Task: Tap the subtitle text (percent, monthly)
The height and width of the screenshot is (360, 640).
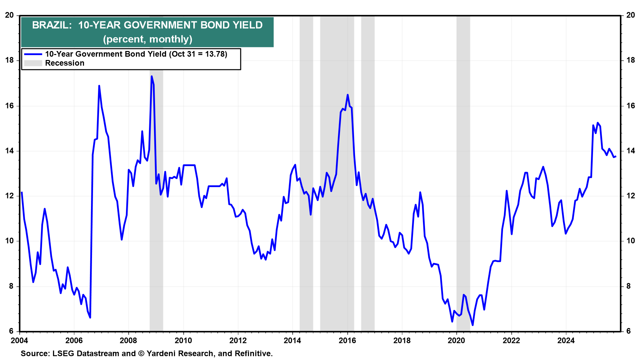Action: point(148,39)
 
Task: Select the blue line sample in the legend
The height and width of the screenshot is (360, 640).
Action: point(33,54)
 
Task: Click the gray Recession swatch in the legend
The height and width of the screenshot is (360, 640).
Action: point(33,63)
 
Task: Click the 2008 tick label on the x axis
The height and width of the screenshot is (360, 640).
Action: point(128,340)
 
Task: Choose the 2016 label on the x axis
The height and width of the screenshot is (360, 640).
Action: point(347,340)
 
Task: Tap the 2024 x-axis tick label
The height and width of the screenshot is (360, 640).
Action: point(566,340)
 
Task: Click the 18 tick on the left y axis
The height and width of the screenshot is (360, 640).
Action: point(9,60)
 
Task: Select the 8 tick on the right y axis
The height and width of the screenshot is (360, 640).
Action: point(629,286)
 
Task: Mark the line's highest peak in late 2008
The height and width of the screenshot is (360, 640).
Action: point(152,76)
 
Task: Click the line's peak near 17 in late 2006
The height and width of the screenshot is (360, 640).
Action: point(99,86)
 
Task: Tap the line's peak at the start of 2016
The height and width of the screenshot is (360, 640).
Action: point(348,95)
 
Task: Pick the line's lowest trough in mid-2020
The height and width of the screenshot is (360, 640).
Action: point(473,325)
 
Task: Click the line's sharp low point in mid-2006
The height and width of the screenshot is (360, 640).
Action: point(90,318)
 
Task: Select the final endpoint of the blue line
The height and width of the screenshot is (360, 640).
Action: point(616,156)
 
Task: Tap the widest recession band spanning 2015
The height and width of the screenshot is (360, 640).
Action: point(337,200)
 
